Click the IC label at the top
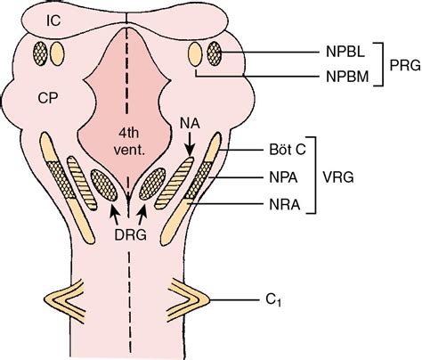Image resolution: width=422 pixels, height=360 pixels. click(53, 20)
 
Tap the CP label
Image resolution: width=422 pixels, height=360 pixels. click(48, 98)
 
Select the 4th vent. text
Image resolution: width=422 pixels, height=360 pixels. click(129, 142)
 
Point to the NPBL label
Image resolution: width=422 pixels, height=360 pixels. click(345, 52)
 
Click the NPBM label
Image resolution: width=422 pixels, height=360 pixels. click(347, 77)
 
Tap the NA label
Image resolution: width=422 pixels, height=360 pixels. click(190, 123)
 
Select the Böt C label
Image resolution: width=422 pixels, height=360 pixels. click(287, 150)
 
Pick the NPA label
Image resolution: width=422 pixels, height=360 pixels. click(283, 177)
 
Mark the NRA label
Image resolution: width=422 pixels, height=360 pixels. click(285, 205)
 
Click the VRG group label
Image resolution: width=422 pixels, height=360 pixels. click(338, 177)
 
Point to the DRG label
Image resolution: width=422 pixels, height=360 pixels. click(130, 235)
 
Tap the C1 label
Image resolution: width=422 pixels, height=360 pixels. click(273, 300)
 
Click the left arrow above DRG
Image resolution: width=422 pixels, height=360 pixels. click(115, 215)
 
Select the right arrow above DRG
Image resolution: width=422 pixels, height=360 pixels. click(142, 215)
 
